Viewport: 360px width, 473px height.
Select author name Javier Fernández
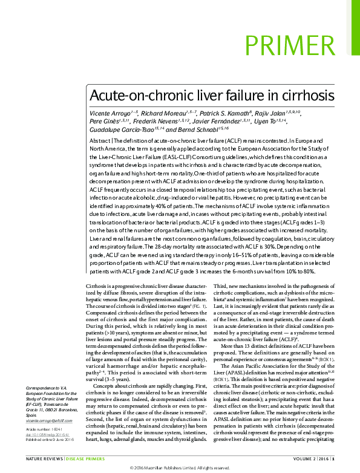coord(229,121)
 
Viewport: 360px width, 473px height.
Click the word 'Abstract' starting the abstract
coord(100,139)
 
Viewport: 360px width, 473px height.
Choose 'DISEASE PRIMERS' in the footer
coord(85,460)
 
